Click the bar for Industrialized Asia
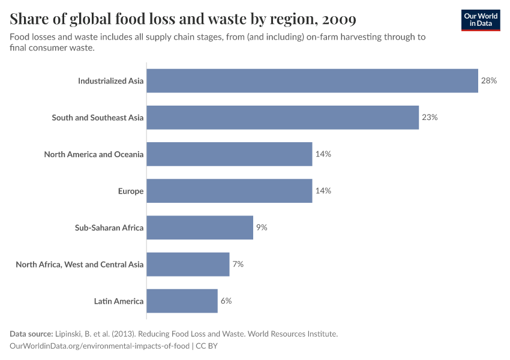(312, 80)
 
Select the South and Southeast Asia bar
(283, 118)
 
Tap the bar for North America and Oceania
(229, 154)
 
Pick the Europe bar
(229, 191)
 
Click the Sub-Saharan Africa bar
(200, 227)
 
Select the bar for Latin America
(182, 301)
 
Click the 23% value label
(430, 118)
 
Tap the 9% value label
(261, 227)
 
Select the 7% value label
(238, 264)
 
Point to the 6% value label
(226, 301)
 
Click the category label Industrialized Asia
(110, 81)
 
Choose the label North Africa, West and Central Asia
(79, 265)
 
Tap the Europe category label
(130, 191)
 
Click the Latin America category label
(119, 301)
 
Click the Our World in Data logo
(481, 20)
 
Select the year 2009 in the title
(339, 20)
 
